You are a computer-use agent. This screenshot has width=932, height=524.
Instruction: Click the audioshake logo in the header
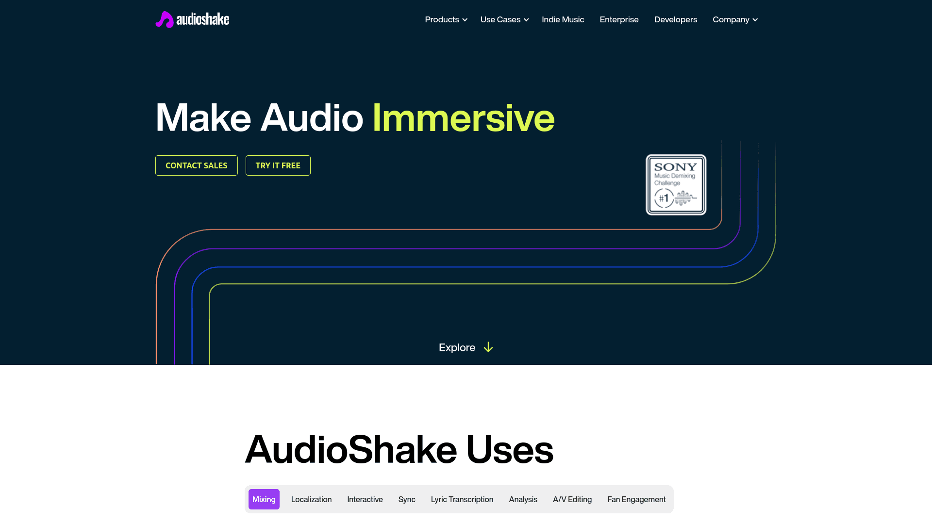pos(192,19)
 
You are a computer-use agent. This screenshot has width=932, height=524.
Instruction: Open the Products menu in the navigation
pos(446,19)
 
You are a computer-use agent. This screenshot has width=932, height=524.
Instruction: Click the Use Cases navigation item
pos(504,19)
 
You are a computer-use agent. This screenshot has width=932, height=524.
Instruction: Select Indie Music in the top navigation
pos(563,19)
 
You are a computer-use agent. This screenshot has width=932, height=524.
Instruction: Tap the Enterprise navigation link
pos(619,19)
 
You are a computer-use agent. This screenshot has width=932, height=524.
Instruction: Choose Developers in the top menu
pos(675,19)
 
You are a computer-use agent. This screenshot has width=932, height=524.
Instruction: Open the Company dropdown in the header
pos(734,19)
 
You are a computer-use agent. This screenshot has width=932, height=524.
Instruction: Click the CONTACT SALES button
pos(196,165)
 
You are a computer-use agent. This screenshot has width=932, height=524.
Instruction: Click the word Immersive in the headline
pos(463,118)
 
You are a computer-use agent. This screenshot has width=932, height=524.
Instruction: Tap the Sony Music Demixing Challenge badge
pos(676,184)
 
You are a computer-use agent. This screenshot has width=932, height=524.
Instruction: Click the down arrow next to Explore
pos(488,347)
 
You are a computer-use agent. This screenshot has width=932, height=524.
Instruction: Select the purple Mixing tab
pos(264,499)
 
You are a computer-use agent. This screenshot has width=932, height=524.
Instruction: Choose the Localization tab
pos(311,499)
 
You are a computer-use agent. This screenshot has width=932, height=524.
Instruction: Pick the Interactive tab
pos(365,499)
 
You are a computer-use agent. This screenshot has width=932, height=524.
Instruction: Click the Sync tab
pos(407,499)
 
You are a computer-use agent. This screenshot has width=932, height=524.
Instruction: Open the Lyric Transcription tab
pos(462,499)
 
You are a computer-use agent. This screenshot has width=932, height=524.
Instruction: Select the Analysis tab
pos(523,499)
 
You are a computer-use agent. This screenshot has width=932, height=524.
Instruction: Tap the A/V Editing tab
pos(572,499)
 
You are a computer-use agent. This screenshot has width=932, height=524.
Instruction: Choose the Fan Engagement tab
pos(636,499)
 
